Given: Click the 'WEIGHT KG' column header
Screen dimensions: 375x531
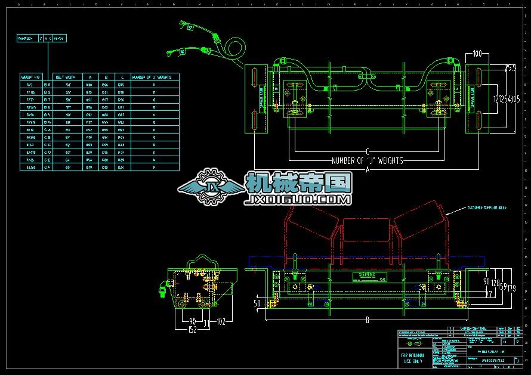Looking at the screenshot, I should [x=30, y=77].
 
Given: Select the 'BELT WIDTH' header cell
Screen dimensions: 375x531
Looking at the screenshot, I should [x=65, y=77].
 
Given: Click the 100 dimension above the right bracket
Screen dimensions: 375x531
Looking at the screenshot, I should [x=477, y=54].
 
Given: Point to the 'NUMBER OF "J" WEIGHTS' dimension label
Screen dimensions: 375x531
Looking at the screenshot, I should [x=367, y=160].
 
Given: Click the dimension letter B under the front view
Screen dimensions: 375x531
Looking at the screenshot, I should [x=367, y=320].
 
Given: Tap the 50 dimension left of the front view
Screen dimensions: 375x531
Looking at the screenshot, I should [x=257, y=303].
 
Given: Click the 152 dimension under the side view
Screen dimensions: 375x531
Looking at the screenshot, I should [x=192, y=329].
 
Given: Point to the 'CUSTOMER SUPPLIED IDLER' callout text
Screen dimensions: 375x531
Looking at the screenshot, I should [x=486, y=209].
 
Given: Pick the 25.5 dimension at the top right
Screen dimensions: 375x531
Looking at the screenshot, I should [x=510, y=68].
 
